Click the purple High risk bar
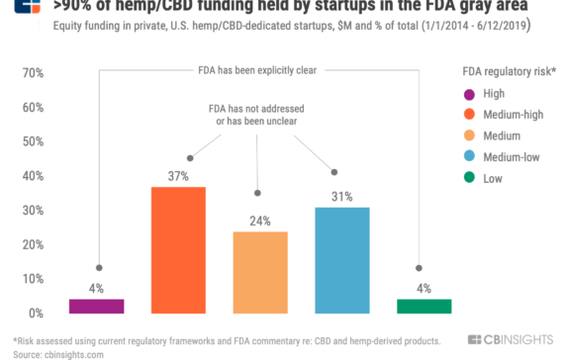point(97,306)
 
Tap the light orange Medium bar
point(259,272)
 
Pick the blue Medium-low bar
point(341,260)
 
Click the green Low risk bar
point(424,306)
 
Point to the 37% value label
point(177,176)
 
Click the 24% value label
point(259,221)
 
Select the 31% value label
point(341,197)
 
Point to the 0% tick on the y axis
point(33,314)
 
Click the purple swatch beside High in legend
point(470,96)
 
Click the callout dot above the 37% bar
point(189,157)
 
